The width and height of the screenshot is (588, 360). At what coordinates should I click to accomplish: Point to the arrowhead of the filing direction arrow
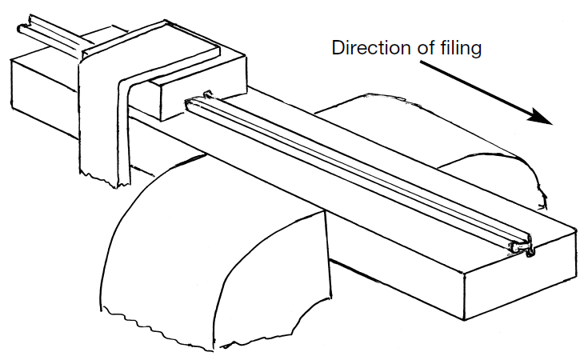pyautogui.click(x=543, y=119)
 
